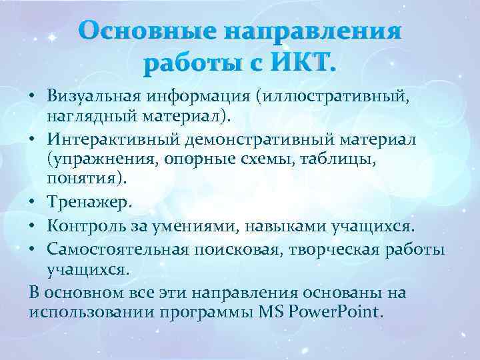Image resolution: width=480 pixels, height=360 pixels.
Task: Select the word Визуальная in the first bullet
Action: tap(91, 97)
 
